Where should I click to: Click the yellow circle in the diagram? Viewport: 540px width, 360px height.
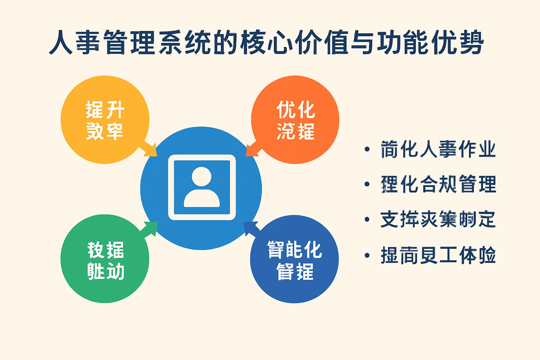pyautogui.click(x=105, y=120)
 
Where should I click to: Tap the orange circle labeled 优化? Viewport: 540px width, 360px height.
pyautogui.click(x=295, y=120)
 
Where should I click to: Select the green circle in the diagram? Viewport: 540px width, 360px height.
pyautogui.click(x=105, y=259)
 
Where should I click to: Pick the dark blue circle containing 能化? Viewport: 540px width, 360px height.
pyautogui.click(x=294, y=259)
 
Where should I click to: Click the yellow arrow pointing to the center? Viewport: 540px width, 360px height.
pyautogui.click(x=149, y=149)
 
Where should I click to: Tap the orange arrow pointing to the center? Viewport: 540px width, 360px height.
pyautogui.click(x=252, y=150)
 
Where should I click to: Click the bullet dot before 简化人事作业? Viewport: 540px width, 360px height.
pyautogui.click(x=367, y=149)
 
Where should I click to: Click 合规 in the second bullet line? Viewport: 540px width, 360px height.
pyautogui.click(x=438, y=184)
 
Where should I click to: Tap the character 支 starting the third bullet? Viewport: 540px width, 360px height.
pyautogui.click(x=389, y=219)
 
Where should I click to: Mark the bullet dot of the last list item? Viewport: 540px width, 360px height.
pyautogui.click(x=367, y=255)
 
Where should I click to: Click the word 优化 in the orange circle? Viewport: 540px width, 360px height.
pyautogui.click(x=295, y=110)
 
